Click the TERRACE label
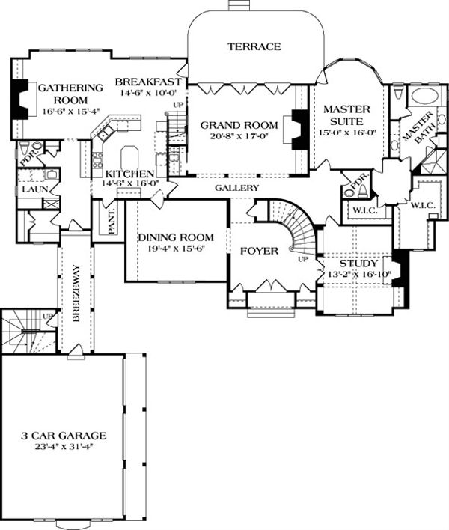254,46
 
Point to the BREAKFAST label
150,81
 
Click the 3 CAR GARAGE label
63,435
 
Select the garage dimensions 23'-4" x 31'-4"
63,447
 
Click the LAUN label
31,191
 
